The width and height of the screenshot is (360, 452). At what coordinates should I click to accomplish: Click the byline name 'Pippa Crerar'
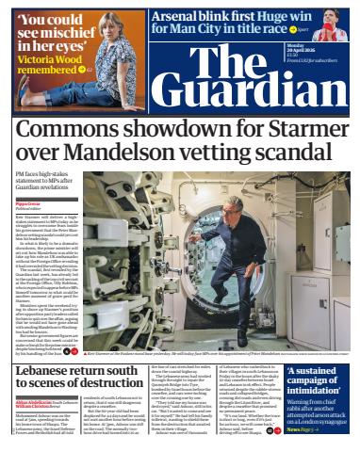point(28,202)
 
